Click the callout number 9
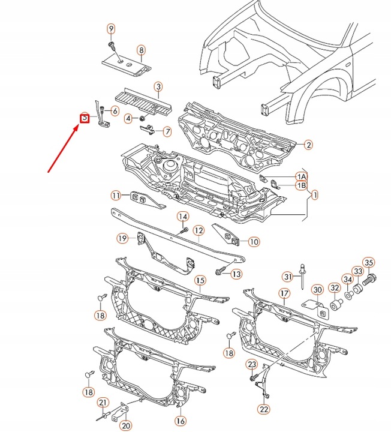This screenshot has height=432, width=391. (x=111, y=29)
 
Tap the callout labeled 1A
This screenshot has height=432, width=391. (x=301, y=176)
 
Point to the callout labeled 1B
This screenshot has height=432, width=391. (x=301, y=186)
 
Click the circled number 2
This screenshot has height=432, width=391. (x=308, y=144)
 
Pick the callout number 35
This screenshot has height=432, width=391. (x=369, y=262)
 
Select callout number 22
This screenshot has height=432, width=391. (x=264, y=410)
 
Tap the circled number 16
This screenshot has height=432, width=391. (x=181, y=421)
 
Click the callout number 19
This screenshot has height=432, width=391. (x=122, y=239)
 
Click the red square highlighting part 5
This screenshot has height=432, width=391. (x=85, y=118)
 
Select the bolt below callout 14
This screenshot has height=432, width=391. (x=183, y=229)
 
